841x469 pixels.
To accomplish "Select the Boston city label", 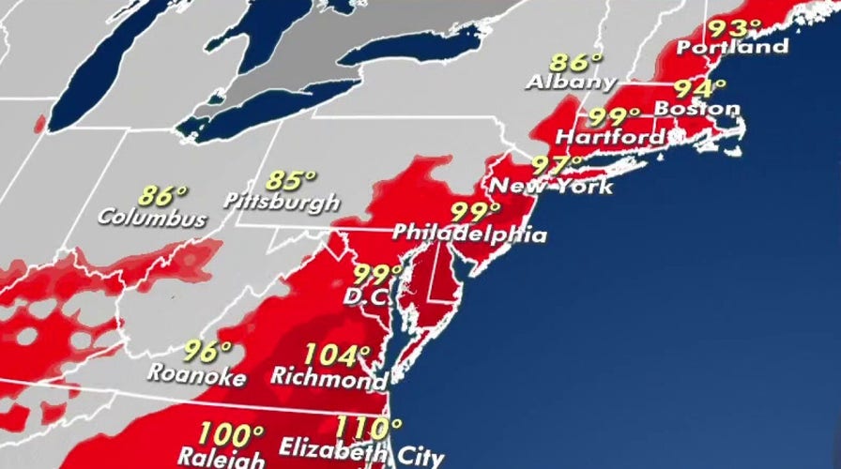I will click(x=697, y=109).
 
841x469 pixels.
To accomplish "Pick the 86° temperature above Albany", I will click(x=575, y=63).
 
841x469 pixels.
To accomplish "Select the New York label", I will click(x=552, y=186).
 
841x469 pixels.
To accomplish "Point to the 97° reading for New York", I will click(x=557, y=165).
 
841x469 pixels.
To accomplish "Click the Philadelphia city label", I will click(x=469, y=232).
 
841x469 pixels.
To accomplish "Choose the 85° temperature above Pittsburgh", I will click(x=291, y=179).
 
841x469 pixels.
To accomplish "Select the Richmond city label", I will click(x=329, y=378).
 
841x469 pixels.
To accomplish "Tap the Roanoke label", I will click(x=196, y=375).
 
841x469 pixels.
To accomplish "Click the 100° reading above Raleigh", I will click(x=230, y=435).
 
